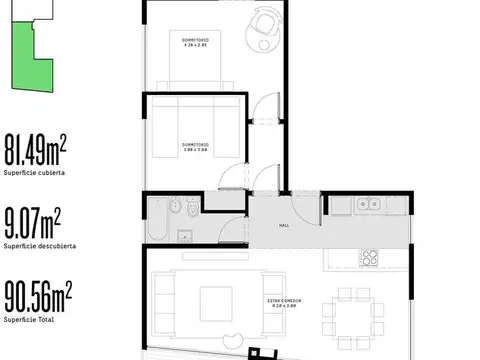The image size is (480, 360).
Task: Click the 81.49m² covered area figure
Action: [x=35, y=148]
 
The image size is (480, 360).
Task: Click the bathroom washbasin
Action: [x=184, y=237]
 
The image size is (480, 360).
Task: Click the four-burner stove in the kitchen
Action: [x=369, y=257]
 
